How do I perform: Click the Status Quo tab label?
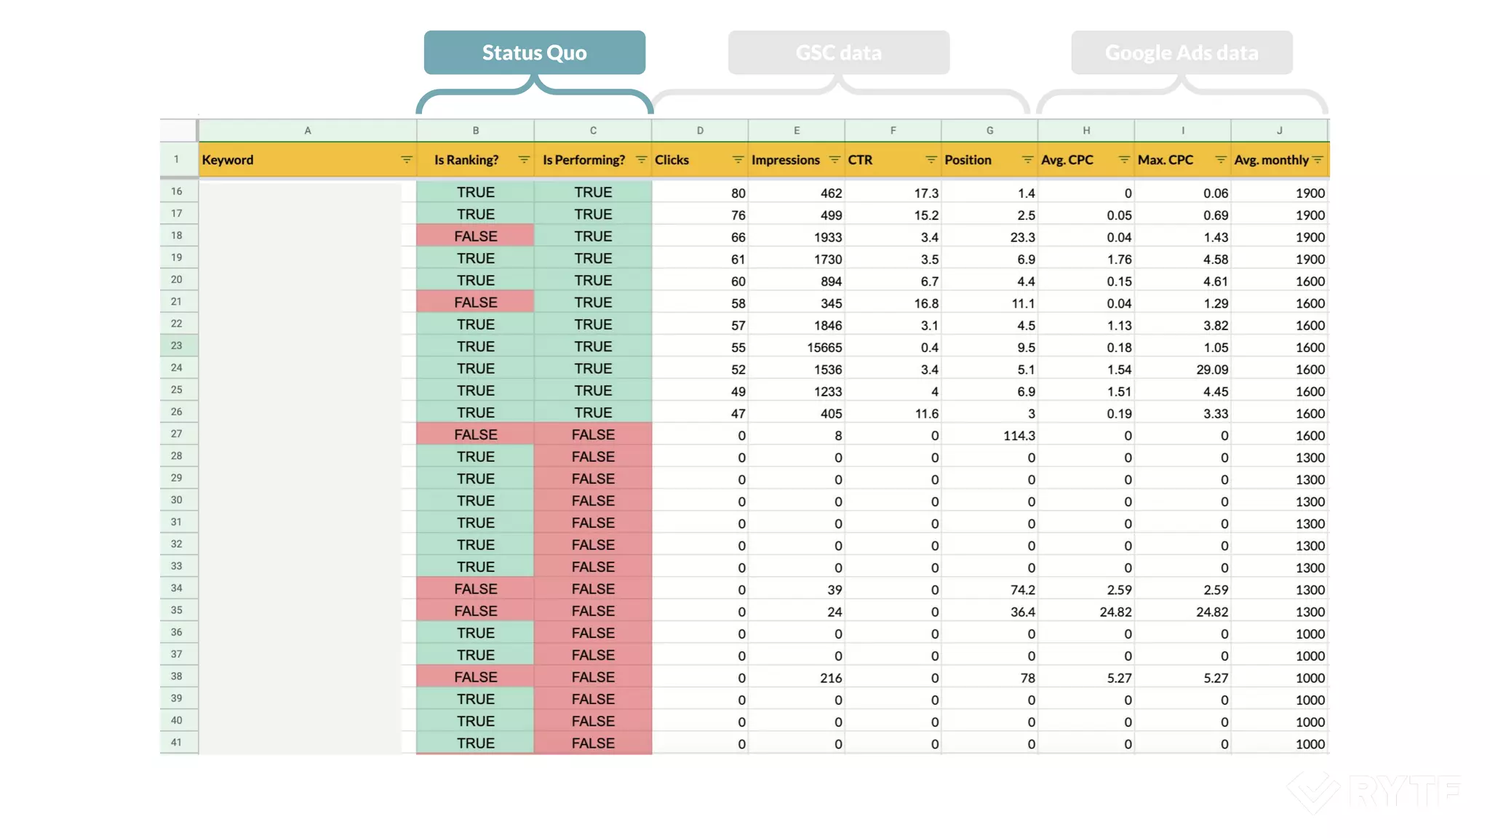[x=534, y=52]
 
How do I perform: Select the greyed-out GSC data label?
[x=838, y=52]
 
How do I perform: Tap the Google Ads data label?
[x=1182, y=52]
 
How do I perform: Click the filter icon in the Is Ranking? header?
[x=524, y=160]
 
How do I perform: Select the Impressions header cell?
[x=786, y=160]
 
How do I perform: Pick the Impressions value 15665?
[x=824, y=348]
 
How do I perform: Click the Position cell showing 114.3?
[x=1019, y=436]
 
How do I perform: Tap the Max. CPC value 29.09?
[x=1212, y=370]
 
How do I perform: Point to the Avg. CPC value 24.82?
[x=1115, y=612]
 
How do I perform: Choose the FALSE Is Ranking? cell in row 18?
[x=475, y=236]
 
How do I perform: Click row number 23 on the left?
[x=177, y=346]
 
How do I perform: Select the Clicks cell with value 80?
[x=738, y=193]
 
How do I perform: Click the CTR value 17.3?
[x=926, y=193]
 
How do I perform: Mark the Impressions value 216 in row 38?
[x=831, y=678]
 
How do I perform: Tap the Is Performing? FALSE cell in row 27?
[x=593, y=435]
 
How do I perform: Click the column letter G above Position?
[x=989, y=131]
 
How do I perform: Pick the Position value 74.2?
[x=1022, y=590]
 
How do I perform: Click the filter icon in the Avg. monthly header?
[x=1318, y=160]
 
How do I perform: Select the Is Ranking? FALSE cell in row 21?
[x=475, y=303]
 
